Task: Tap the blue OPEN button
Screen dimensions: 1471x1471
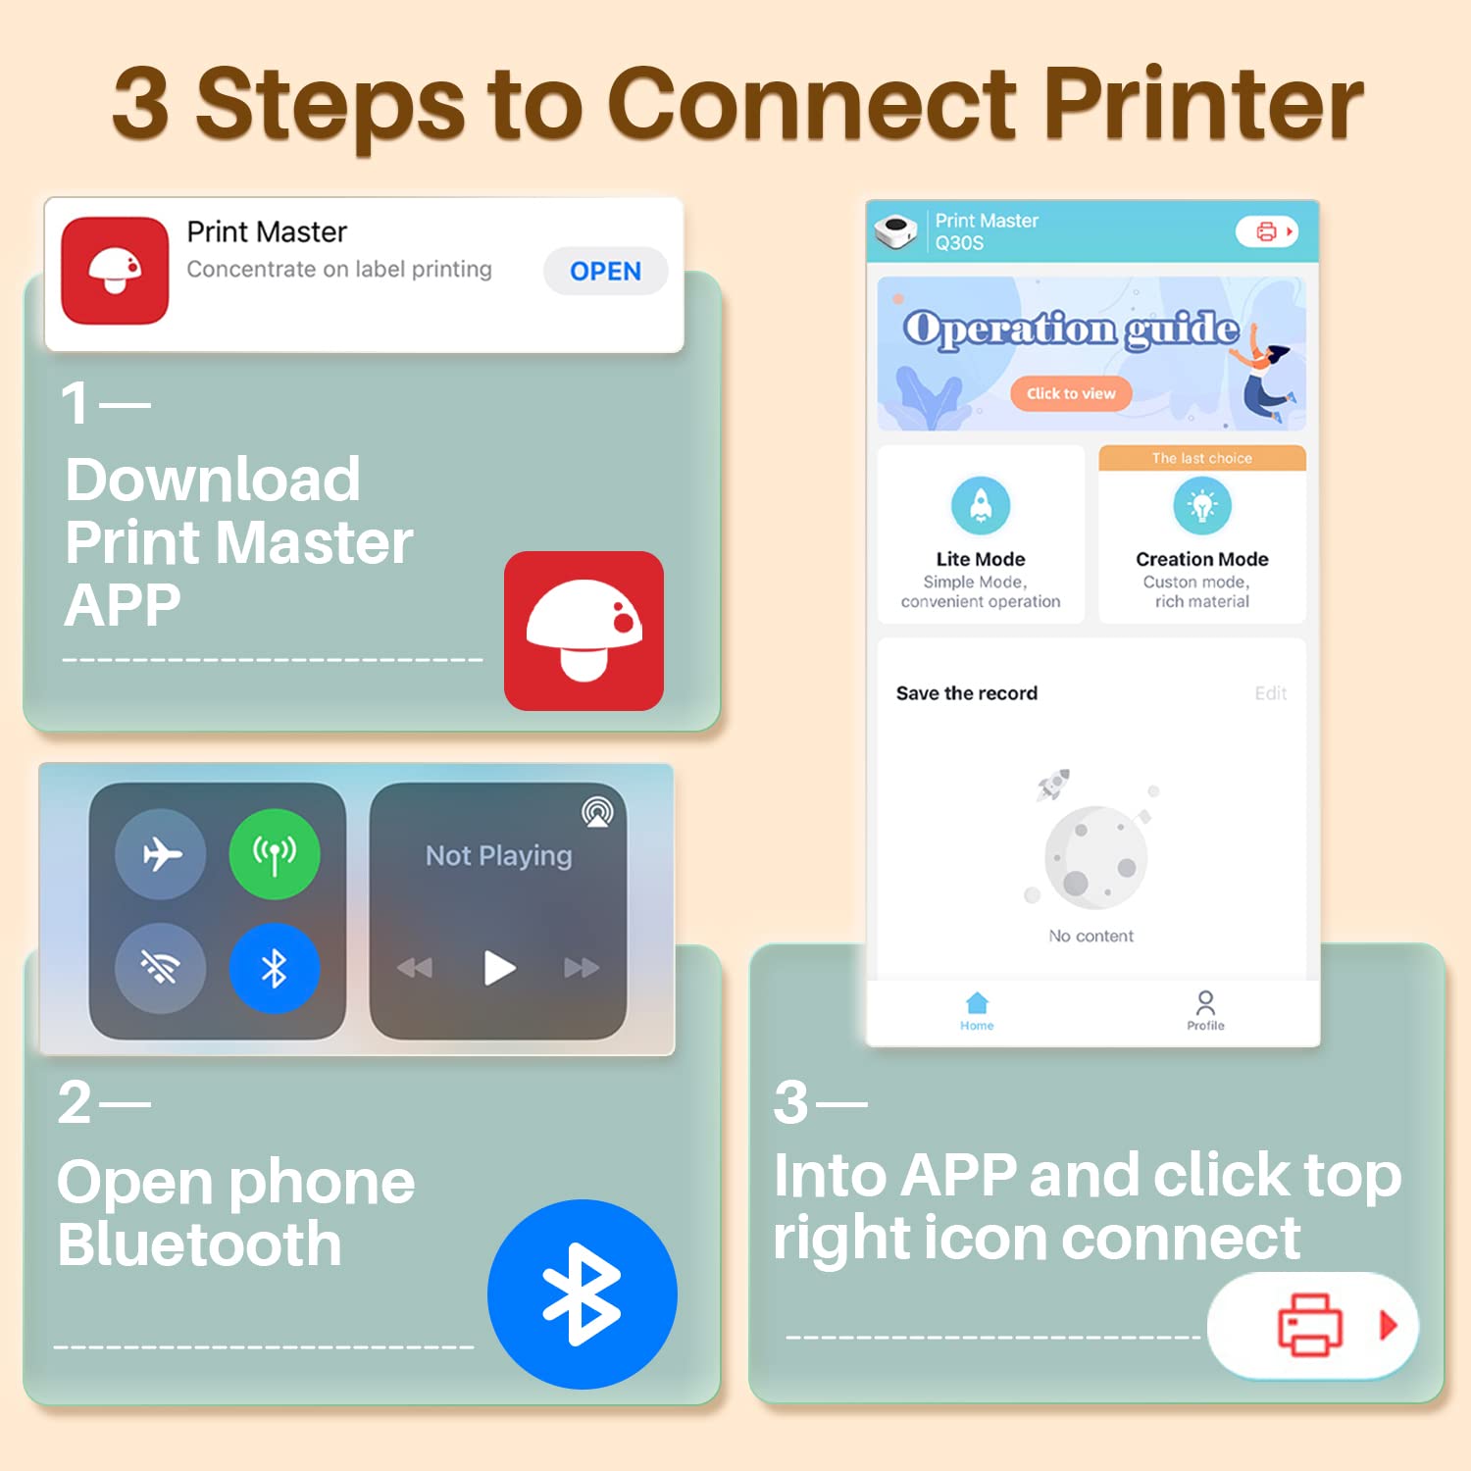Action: click(605, 271)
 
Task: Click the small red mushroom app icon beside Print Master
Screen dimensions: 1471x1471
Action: click(115, 270)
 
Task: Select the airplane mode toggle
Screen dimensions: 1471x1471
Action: click(161, 854)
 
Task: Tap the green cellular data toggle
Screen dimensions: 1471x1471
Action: click(275, 854)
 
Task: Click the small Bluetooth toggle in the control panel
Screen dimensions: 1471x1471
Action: click(275, 969)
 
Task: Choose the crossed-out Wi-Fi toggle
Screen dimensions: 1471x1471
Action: click(161, 969)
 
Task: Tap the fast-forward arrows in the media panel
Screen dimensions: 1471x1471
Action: click(582, 968)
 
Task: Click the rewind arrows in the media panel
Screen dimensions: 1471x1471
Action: click(415, 968)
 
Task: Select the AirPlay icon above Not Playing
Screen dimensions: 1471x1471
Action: click(597, 812)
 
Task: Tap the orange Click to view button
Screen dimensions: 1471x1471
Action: click(1071, 393)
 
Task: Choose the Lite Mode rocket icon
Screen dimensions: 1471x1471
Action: click(981, 506)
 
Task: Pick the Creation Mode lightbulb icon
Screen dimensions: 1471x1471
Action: click(1202, 506)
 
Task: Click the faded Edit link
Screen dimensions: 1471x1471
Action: click(1271, 693)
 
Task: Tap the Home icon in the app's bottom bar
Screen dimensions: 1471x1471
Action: click(977, 1003)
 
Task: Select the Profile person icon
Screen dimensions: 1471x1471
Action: click(1205, 1003)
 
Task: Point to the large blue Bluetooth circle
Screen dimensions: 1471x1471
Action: click(583, 1294)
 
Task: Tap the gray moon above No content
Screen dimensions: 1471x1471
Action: click(1096, 858)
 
